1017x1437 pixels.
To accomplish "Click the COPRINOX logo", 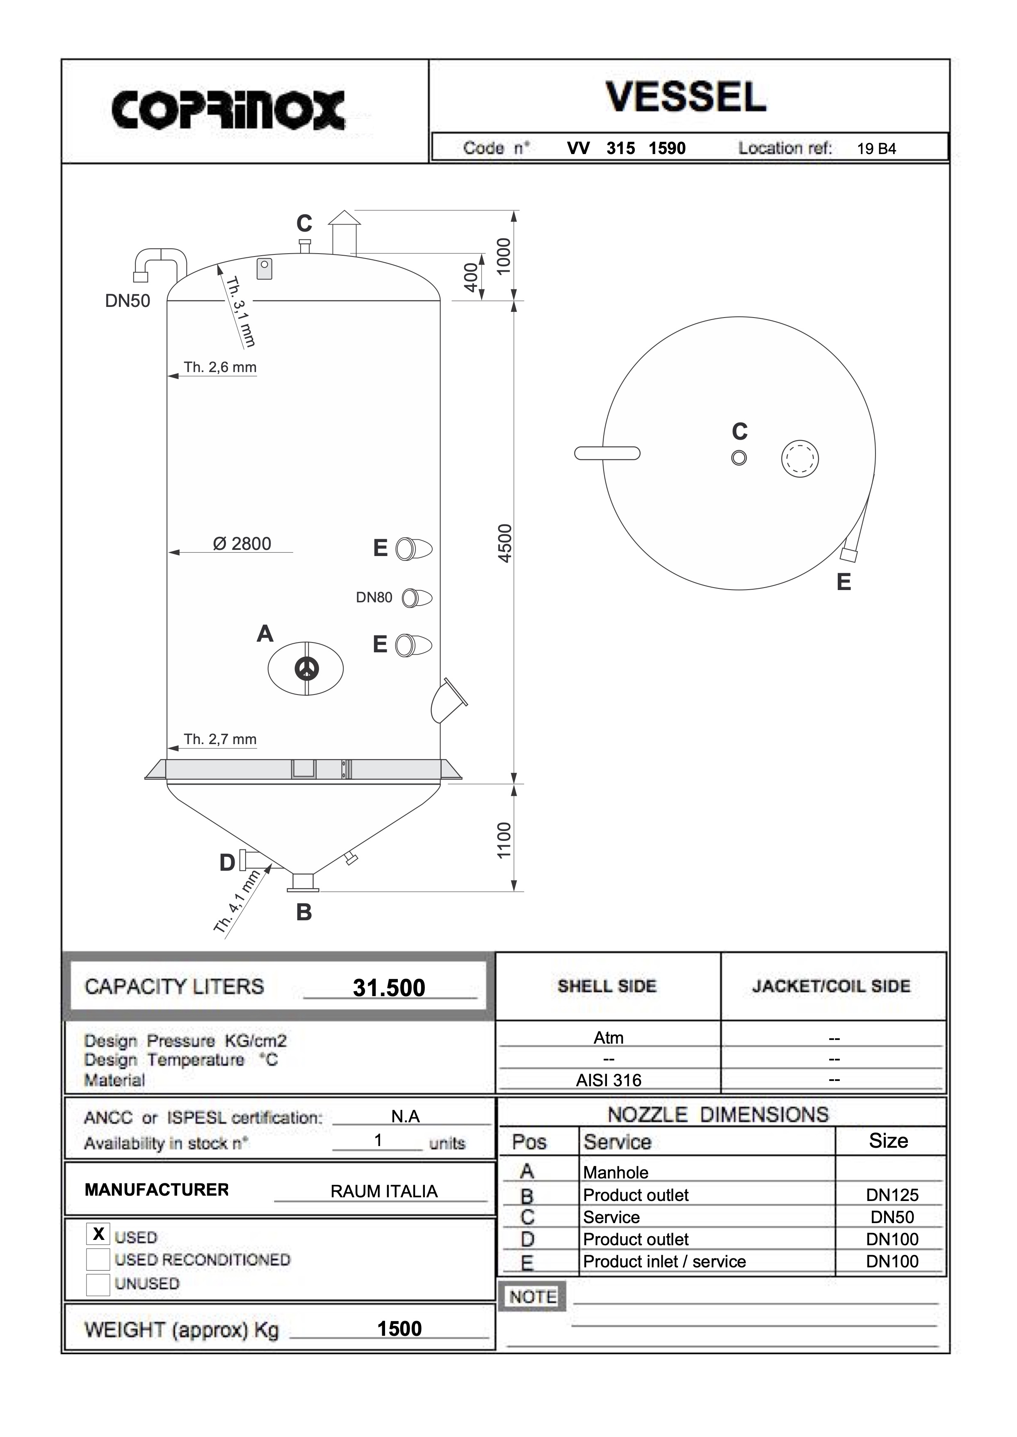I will coord(228,110).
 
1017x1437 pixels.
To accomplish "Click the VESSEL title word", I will coord(686,97).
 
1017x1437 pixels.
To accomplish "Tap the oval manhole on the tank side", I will coord(306,668).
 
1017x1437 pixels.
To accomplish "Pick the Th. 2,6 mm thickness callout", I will coord(220,368).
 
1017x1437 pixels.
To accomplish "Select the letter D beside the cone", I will coord(227,863).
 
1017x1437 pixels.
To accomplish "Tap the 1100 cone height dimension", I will coord(504,840).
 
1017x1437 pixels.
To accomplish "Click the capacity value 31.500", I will coord(389,988).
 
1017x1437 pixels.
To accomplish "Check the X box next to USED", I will coord(98,1234).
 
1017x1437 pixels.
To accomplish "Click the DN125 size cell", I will coord(892,1195).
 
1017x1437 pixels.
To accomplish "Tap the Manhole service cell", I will coord(616,1172).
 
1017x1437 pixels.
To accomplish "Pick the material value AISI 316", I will coord(609,1080).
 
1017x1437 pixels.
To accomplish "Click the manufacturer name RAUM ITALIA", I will coord(384,1191).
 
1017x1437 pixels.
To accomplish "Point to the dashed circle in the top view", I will coord(800,459).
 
